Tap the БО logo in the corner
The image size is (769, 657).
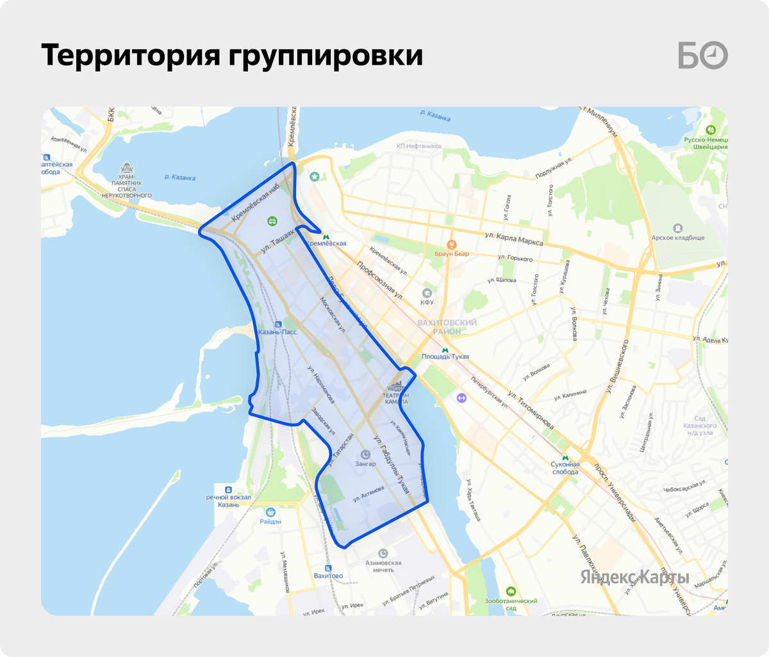point(703,56)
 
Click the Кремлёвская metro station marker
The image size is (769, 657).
point(326,236)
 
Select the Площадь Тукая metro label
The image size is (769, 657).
point(445,357)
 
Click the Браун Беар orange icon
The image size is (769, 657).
point(452,244)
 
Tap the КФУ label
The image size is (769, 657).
point(427,303)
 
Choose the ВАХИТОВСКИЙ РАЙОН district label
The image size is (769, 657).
point(447,327)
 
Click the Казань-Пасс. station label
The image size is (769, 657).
point(277,333)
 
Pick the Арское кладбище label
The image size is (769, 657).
point(678,238)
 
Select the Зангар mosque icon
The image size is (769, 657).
point(365,454)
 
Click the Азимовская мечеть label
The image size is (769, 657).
point(383,566)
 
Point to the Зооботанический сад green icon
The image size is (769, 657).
point(511,591)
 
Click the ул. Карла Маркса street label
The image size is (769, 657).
point(514,239)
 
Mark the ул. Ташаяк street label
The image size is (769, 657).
point(277,242)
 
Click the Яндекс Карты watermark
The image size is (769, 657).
point(634,577)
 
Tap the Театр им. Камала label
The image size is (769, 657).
point(396,397)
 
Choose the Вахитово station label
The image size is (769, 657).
point(328,576)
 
